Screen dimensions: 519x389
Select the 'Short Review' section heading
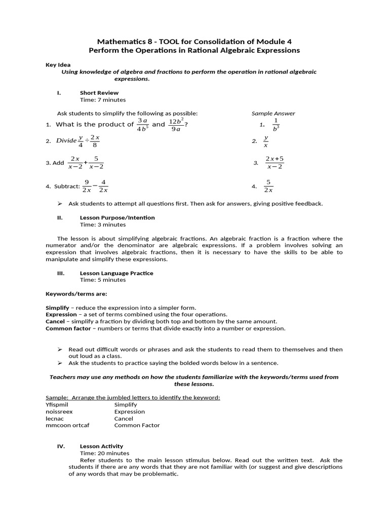pos(99,93)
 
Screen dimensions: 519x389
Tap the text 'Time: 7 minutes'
pos(101,100)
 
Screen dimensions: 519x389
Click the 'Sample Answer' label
pos(273,114)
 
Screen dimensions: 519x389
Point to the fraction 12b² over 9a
pos(175,125)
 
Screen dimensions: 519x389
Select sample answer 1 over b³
pos(275,125)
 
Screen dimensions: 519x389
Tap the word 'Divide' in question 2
pos(66,141)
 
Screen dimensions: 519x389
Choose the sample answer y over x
pos(265,141)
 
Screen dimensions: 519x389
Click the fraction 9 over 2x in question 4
pos(87,186)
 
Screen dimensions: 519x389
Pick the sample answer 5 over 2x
pos(268,186)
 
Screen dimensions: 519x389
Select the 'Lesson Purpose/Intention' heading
pos(117,217)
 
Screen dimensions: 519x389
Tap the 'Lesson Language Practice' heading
pos(116,273)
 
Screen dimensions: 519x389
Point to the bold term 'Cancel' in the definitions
pos(55,321)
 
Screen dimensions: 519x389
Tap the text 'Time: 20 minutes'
pos(104,453)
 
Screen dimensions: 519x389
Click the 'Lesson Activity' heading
pos(101,446)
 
